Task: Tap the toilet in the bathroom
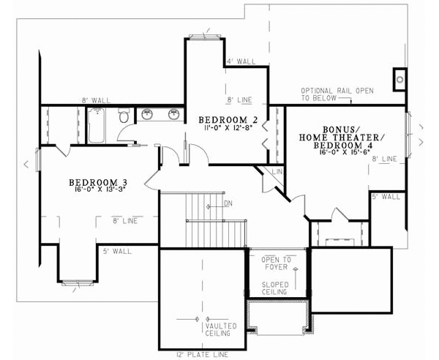click(124, 116)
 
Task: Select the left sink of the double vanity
click(147, 114)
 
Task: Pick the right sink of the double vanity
click(175, 114)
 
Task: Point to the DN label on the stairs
click(228, 203)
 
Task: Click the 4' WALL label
click(241, 62)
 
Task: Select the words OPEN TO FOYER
click(277, 263)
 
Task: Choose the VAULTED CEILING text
click(219, 329)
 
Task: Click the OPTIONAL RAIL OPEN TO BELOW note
click(336, 94)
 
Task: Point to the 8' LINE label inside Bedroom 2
click(240, 100)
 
